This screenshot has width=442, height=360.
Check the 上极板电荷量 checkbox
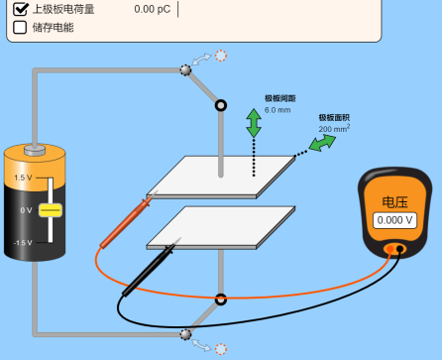[x=20, y=9]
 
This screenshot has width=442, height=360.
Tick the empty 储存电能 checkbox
[x=20, y=28]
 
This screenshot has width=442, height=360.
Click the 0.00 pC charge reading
[x=153, y=9]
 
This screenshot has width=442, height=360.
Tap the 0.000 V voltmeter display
[x=394, y=220]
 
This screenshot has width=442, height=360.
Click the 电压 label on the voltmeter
[x=395, y=201]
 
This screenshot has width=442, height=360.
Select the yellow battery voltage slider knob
[x=51, y=210]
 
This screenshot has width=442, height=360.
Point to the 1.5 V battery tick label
[x=22, y=178]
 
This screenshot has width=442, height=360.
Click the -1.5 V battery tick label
[x=22, y=243]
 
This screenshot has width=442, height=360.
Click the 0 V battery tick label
[x=26, y=210]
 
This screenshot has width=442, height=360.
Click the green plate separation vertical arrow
[x=254, y=123]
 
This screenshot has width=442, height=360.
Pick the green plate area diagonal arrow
[x=321, y=144]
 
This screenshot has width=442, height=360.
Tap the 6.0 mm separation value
[x=277, y=109]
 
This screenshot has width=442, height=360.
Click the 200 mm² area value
[x=333, y=129]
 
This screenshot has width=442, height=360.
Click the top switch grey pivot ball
[x=185, y=69]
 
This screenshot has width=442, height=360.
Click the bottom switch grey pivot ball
[x=185, y=334]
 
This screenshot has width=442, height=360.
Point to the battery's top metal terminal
[x=35, y=149]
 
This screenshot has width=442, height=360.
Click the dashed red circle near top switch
[x=220, y=56]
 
